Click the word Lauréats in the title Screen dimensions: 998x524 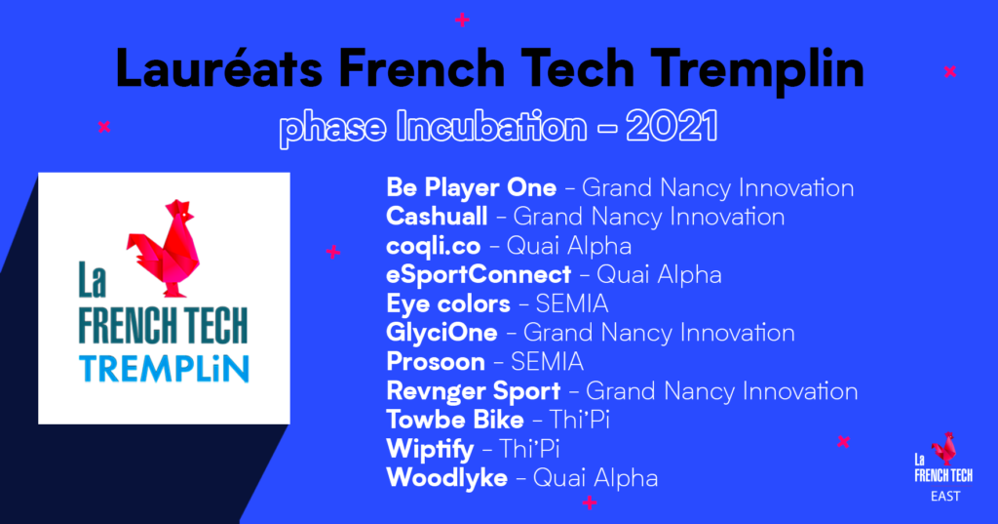tap(219, 67)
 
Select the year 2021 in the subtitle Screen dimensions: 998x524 tap(672, 126)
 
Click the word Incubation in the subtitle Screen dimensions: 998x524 tap(491, 126)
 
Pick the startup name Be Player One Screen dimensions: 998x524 tap(471, 188)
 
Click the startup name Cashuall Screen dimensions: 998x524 tap(437, 216)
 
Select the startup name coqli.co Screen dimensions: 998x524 tap(433, 247)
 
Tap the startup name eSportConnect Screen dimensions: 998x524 tap(478, 275)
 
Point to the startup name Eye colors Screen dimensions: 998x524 tap(448, 304)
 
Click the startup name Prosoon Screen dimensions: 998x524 tap(436, 362)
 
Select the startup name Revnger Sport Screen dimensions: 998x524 tap(473, 391)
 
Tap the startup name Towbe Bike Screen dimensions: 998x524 tap(454, 421)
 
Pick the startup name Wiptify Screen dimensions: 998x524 tap(430, 450)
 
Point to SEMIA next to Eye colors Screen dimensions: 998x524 tap(571, 304)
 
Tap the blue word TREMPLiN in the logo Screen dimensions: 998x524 tap(164, 369)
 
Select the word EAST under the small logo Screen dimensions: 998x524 tap(945, 496)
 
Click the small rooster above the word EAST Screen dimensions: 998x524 tap(944, 448)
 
